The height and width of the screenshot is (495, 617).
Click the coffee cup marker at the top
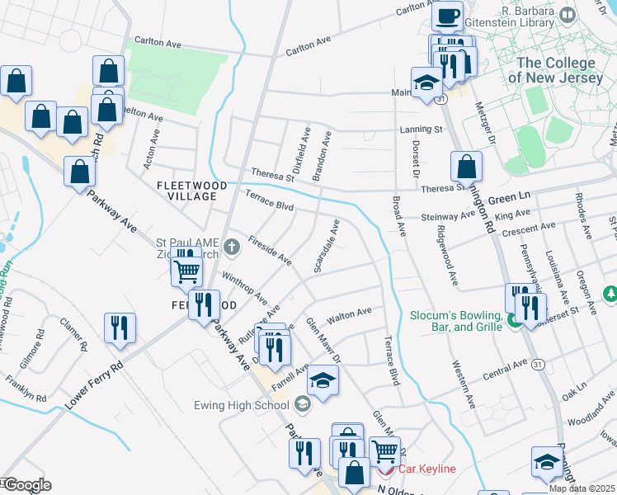(x=448, y=15)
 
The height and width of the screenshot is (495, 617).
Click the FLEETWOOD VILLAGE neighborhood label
(x=192, y=192)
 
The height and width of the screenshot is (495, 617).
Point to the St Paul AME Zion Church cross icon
(x=233, y=244)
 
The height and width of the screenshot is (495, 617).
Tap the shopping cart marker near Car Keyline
(x=384, y=451)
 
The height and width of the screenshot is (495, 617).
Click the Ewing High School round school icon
(x=303, y=403)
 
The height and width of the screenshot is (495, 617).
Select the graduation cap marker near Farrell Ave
(x=323, y=380)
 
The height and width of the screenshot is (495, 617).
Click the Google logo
(x=26, y=485)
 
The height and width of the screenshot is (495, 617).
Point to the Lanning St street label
(x=422, y=130)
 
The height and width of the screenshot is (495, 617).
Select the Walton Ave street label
(x=350, y=314)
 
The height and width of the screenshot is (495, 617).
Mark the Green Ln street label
(x=508, y=199)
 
